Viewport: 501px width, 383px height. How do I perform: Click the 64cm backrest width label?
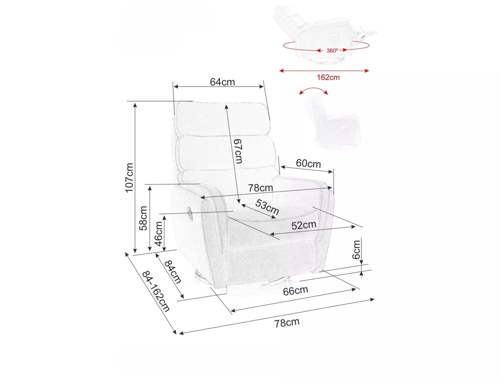pyautogui.click(x=222, y=82)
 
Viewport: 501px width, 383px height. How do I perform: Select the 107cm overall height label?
pyautogui.click(x=129, y=178)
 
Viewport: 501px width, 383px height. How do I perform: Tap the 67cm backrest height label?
pyautogui.click(x=238, y=151)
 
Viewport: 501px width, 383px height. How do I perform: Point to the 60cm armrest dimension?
pyautogui.click(x=308, y=163)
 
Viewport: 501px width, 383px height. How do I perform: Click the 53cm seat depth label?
pyautogui.click(x=267, y=207)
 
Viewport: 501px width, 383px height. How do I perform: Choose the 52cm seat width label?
pyautogui.click(x=304, y=225)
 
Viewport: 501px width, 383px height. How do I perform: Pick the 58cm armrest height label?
pyautogui.click(x=144, y=218)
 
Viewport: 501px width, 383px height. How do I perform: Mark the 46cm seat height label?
pyautogui.click(x=159, y=234)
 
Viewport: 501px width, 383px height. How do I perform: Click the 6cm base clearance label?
pyautogui.click(x=356, y=249)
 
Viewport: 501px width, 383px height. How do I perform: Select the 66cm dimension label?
pyautogui.click(x=296, y=291)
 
